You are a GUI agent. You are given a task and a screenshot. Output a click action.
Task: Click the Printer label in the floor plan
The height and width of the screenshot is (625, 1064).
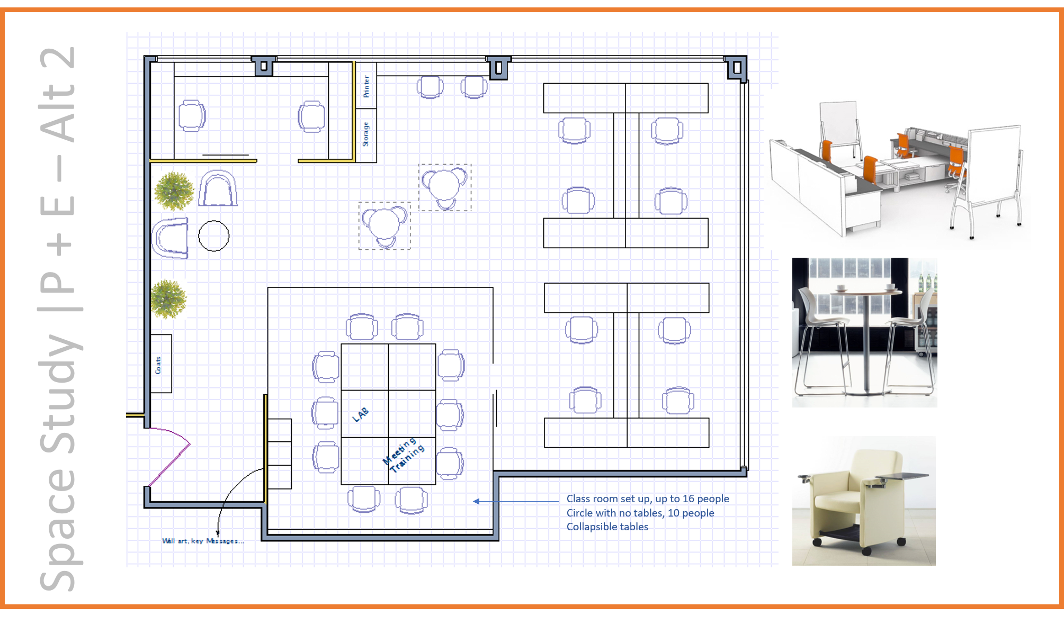click(x=366, y=86)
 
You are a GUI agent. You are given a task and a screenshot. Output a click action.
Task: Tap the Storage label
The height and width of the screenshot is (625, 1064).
click(x=365, y=134)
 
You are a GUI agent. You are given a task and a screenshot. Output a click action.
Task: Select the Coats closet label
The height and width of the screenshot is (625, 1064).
click(x=158, y=365)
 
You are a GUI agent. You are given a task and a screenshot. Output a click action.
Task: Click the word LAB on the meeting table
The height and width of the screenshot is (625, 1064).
click(x=361, y=414)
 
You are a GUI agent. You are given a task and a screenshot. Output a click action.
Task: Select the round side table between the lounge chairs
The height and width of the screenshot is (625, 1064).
click(x=214, y=235)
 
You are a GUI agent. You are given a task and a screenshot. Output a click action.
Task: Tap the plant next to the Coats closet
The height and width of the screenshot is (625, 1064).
click(x=168, y=299)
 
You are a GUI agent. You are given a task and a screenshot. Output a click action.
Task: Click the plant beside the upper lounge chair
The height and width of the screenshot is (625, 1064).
click(x=173, y=191)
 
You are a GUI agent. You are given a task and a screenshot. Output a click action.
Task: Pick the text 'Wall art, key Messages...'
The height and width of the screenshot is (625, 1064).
click(x=203, y=541)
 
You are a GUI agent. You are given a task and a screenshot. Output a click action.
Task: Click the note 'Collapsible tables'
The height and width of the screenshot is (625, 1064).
click(x=607, y=527)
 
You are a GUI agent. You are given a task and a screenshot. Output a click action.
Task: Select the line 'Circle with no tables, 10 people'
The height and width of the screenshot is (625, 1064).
click(x=640, y=513)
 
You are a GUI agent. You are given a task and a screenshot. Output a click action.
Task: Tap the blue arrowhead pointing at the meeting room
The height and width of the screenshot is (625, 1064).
click(x=477, y=501)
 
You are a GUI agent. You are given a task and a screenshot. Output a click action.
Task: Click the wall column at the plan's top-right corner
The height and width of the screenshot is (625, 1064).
click(x=736, y=68)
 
